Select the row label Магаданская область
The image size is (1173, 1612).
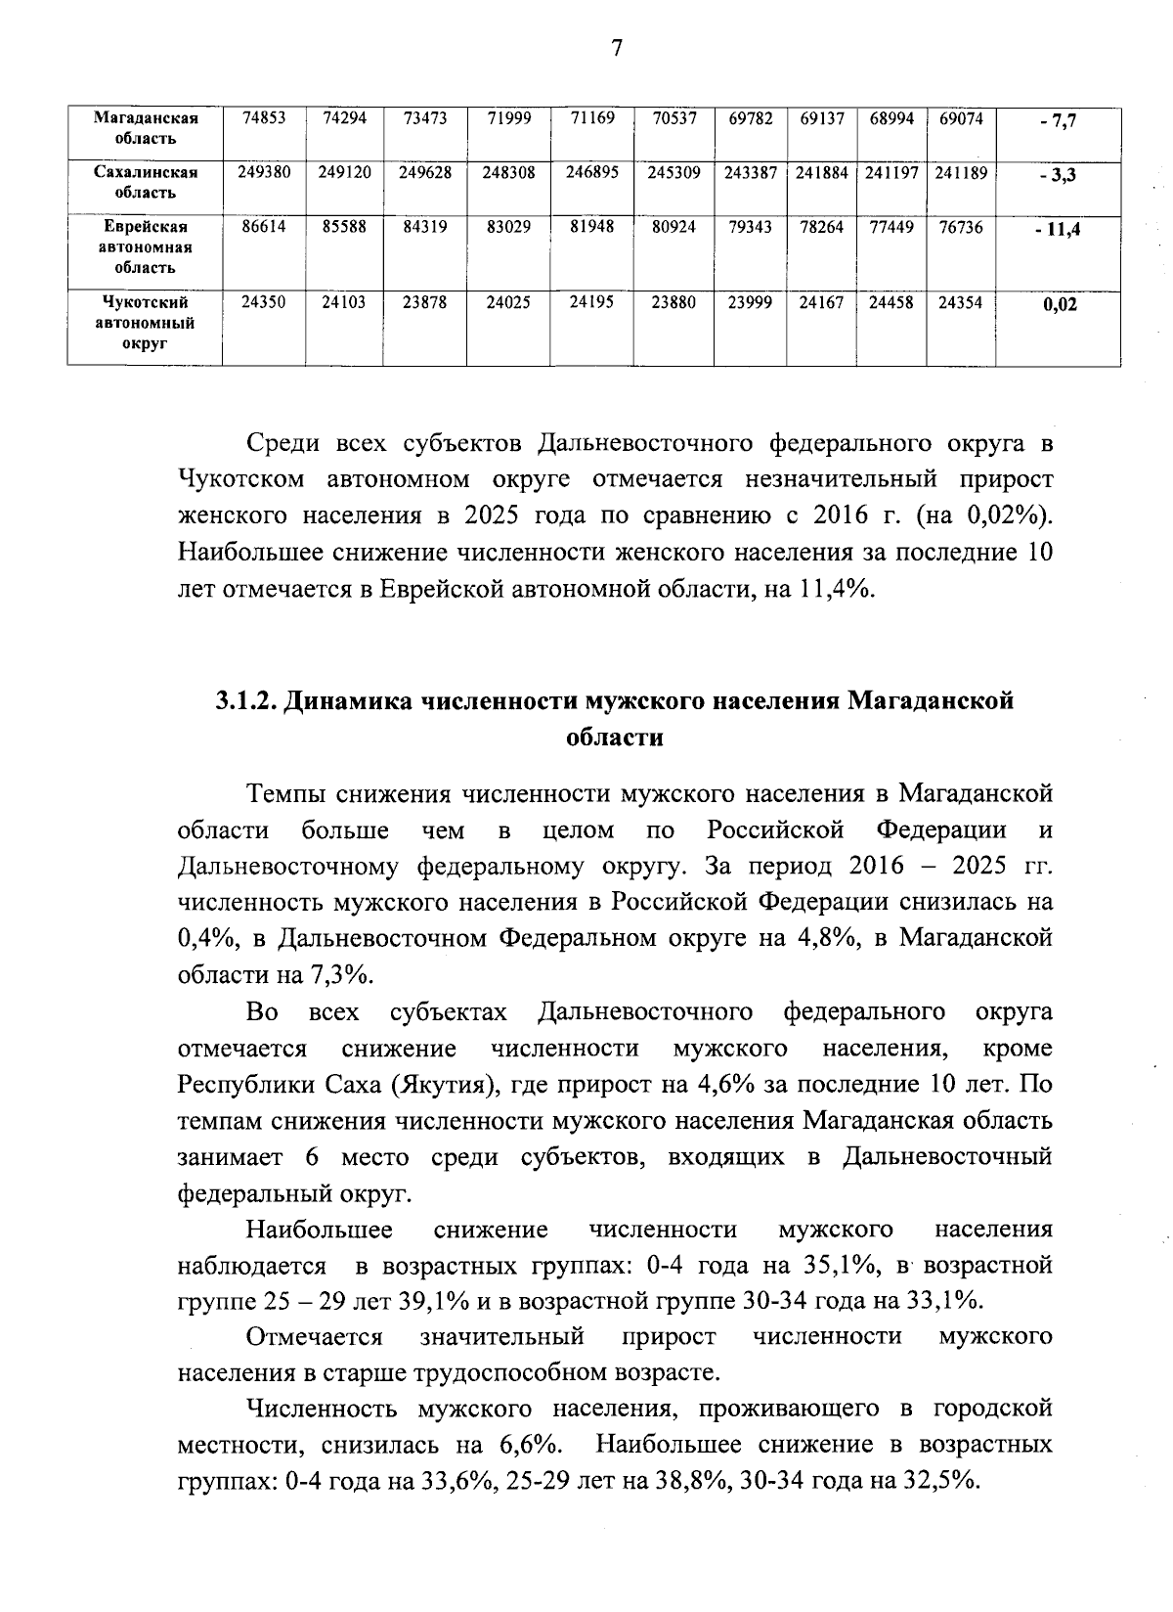146,128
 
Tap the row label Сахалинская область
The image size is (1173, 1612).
146,182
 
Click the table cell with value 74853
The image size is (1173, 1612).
264,118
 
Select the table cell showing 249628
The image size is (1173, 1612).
425,172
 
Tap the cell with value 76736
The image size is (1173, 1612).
961,227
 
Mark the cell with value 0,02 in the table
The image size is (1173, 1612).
1060,304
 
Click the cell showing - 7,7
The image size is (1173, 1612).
1059,121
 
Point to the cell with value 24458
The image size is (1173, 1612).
891,302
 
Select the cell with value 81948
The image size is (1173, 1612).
592,227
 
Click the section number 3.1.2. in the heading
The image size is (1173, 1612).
244,701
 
